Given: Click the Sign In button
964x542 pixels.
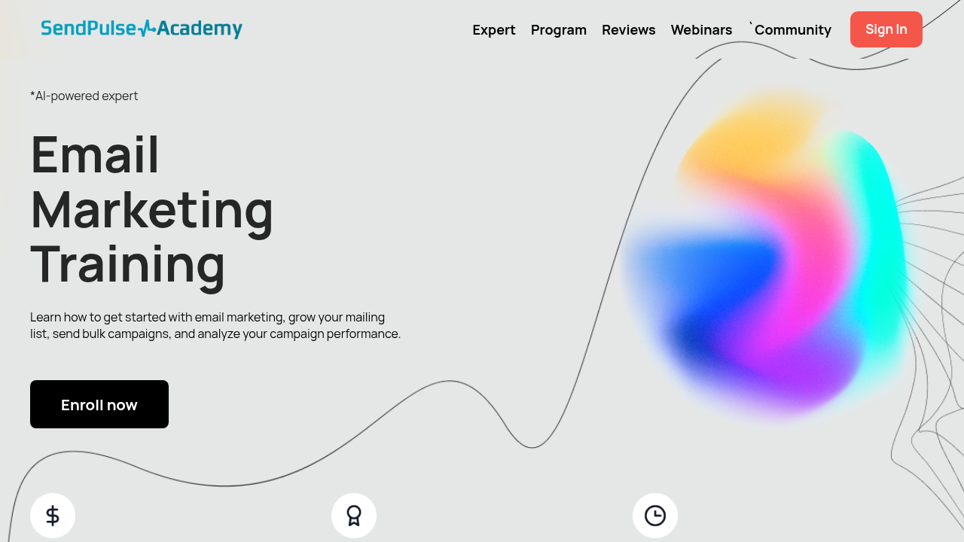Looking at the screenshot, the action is click(886, 29).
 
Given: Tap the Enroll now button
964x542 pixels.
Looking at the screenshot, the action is click(99, 404).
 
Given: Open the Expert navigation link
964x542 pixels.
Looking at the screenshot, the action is click(493, 29).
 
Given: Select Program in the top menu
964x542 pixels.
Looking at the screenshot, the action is click(559, 29).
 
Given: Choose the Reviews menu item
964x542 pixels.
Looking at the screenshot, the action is click(629, 29).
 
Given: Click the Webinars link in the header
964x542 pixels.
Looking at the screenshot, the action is click(701, 29).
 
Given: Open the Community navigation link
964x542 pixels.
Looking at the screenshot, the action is click(793, 29).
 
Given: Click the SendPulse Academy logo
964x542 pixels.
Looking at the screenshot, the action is click(142, 29).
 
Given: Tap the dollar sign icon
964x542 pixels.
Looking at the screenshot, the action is click(53, 516).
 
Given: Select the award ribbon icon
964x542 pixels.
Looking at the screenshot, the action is click(354, 516).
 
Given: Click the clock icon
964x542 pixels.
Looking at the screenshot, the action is click(655, 516).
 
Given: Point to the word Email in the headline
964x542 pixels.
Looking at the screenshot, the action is click(95, 154).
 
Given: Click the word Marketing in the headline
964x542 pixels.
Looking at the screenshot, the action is click(151, 212).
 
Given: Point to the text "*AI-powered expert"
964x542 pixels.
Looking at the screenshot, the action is click(84, 96).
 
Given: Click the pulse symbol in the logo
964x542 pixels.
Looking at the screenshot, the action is click(146, 29).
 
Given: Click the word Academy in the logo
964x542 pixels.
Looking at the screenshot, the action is click(200, 29).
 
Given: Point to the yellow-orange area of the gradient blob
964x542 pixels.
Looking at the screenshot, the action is click(749, 138).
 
